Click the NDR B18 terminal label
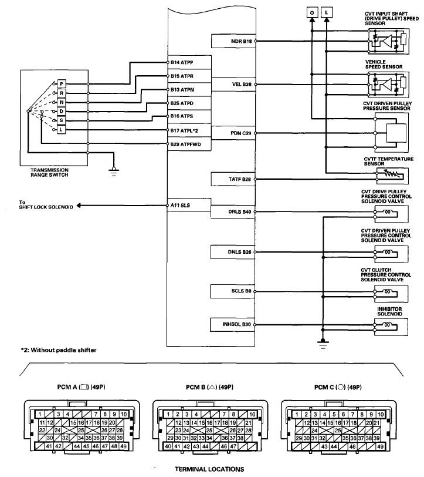pyautogui.click(x=232, y=41)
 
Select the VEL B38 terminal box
pyautogui.click(x=232, y=85)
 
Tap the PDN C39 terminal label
pyautogui.click(x=232, y=133)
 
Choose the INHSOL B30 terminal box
pyautogui.click(x=232, y=324)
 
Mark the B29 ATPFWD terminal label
pyautogui.click(x=186, y=144)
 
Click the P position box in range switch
pyautogui.click(x=61, y=85)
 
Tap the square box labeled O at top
pyautogui.click(x=311, y=11)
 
